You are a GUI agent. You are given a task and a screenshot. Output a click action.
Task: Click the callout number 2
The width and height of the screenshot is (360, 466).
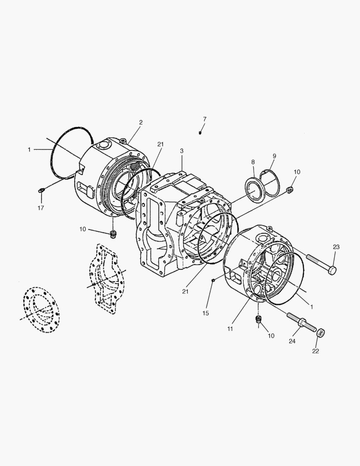click(x=141, y=122)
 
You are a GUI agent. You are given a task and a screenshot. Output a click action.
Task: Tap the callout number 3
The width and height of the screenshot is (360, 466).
click(x=182, y=151)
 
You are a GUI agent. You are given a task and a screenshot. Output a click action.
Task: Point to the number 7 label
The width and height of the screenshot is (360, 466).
click(x=204, y=119)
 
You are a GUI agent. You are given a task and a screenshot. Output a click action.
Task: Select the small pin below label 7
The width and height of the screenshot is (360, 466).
click(x=200, y=132)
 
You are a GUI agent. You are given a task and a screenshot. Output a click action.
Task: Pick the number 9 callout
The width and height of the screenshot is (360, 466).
click(x=274, y=156)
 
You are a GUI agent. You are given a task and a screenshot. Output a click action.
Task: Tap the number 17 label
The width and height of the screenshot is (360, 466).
click(x=41, y=208)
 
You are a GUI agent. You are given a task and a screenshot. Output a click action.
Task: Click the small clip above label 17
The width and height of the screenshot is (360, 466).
click(x=41, y=189)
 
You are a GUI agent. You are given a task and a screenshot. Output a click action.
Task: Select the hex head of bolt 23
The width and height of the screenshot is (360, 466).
click(x=333, y=270)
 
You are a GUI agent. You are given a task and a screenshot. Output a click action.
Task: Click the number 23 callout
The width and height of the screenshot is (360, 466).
click(x=336, y=247)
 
